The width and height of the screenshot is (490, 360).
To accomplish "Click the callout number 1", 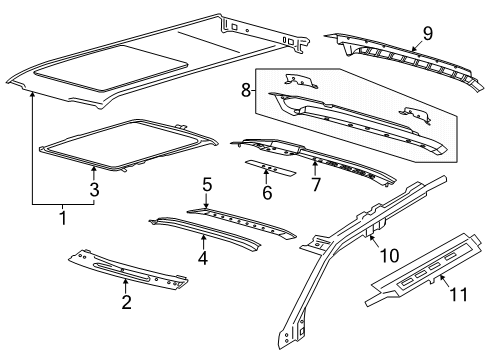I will pos(62,214).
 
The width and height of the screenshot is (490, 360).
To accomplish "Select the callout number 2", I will pos(125,303).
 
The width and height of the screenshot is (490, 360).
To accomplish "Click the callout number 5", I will pos(207,185).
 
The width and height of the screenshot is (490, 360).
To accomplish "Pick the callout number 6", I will pos(266,192).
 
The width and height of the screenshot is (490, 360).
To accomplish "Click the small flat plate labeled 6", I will pos(272,165).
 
